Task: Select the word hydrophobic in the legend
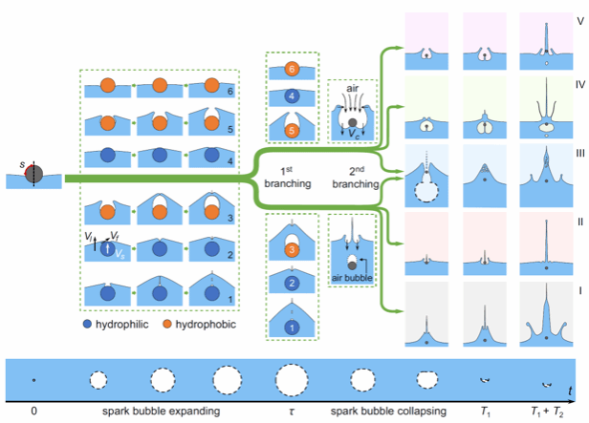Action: (207, 325)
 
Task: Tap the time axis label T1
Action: (487, 414)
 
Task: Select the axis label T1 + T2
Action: (546, 414)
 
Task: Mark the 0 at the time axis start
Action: (33, 414)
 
